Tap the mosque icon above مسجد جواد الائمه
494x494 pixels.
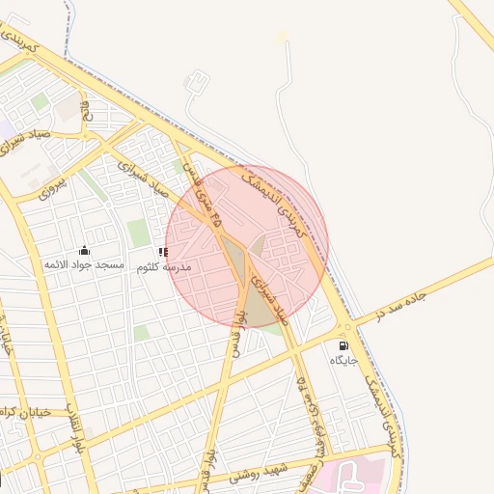click(x=84, y=250)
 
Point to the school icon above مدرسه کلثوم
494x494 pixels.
click(x=163, y=252)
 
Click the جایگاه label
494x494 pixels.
click(x=343, y=360)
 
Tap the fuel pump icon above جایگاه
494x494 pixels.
click(x=343, y=345)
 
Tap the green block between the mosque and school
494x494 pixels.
click(x=138, y=233)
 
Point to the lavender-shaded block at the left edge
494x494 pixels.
click(x=6, y=127)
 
